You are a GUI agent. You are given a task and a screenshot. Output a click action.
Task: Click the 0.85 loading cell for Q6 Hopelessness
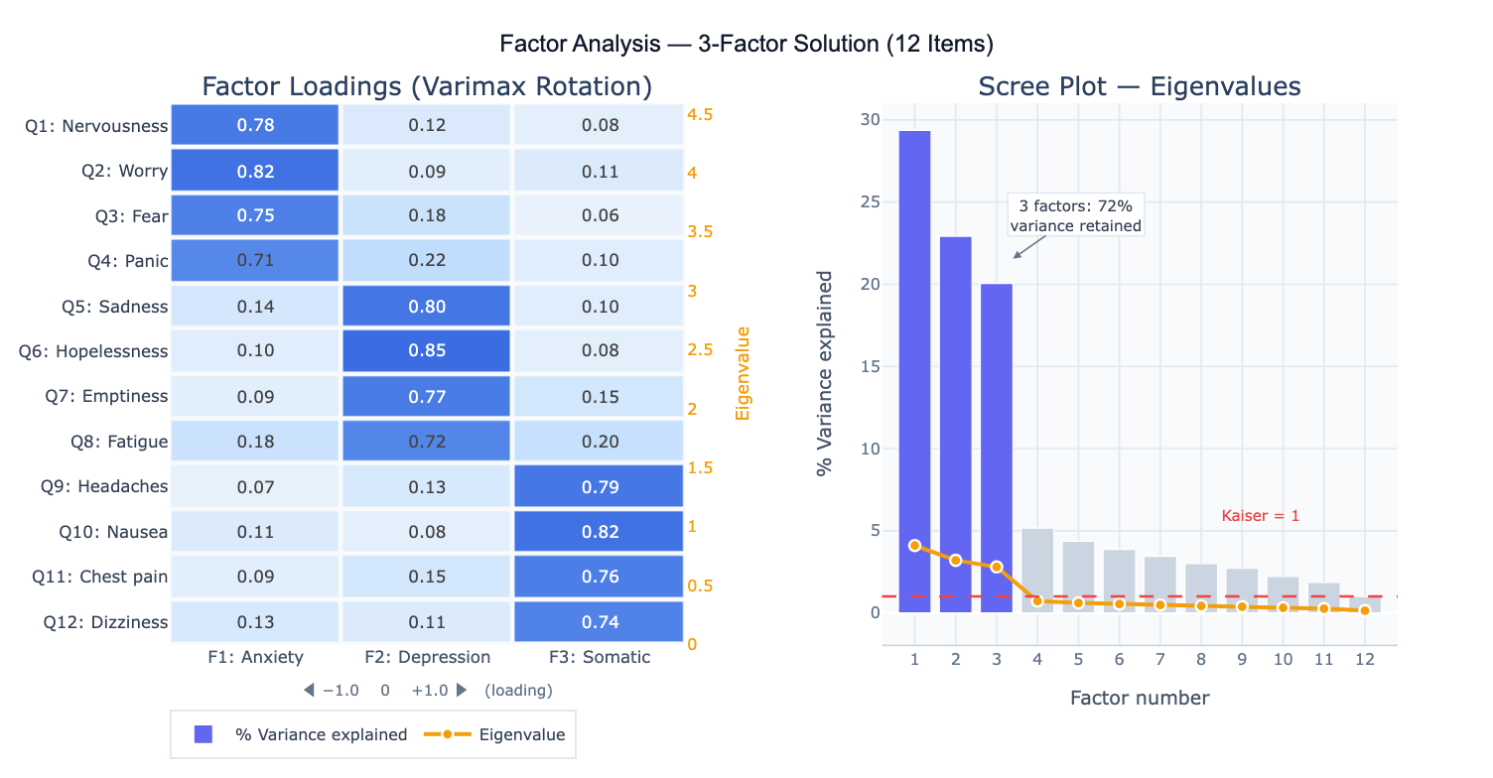[x=427, y=350]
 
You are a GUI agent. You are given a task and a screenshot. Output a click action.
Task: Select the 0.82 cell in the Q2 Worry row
[x=255, y=171]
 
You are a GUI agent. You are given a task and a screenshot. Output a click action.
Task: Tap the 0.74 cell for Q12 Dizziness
[x=599, y=622]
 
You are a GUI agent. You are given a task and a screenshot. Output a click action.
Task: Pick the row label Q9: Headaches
[x=104, y=486]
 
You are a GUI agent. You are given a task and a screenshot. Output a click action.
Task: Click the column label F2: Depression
[x=427, y=657]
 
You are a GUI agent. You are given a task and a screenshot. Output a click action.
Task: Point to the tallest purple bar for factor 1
[x=914, y=371]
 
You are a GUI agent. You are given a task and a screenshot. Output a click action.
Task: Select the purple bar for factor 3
[x=996, y=448]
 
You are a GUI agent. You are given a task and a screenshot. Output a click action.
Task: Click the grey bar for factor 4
[x=1037, y=570]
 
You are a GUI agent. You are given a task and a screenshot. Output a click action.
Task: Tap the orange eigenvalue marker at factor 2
[x=955, y=560]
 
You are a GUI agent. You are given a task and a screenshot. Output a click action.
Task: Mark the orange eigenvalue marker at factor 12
[x=1365, y=610]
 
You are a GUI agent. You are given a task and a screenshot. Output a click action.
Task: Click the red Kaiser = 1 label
[x=1260, y=516]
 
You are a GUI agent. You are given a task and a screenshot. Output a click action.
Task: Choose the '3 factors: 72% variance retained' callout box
[x=1075, y=215]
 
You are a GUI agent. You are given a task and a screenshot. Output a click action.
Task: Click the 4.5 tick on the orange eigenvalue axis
[x=700, y=114]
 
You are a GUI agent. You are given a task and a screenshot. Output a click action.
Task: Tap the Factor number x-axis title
[x=1140, y=699]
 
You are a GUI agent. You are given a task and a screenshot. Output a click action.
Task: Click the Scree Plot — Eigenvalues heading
[x=1139, y=86]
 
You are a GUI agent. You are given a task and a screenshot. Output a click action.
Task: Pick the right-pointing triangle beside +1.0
[x=461, y=690]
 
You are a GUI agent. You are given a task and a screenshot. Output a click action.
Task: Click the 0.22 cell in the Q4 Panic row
[x=427, y=260]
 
